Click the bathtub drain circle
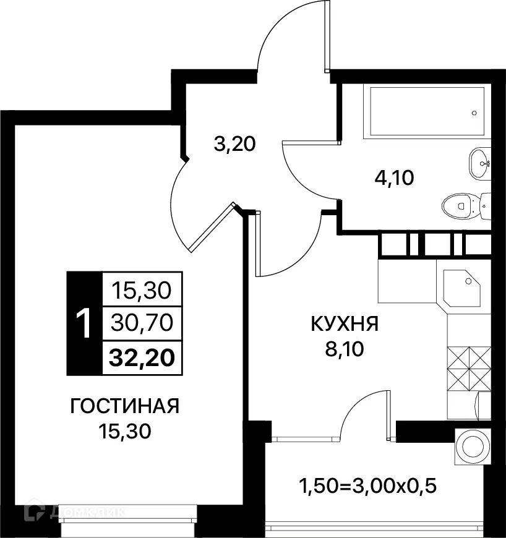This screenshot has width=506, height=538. click(x=474, y=113)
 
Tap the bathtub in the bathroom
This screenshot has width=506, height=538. click(x=427, y=112)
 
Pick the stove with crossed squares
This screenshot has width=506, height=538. click(x=468, y=367)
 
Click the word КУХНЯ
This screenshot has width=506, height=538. click(x=345, y=324)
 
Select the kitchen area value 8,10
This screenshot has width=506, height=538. click(x=345, y=349)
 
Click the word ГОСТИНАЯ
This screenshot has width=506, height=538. click(x=125, y=406)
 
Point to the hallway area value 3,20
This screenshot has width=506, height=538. click(x=234, y=145)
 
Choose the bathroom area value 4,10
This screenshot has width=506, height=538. click(x=393, y=178)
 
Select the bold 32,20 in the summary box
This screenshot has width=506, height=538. click(x=142, y=357)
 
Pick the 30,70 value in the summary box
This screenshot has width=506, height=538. click(x=142, y=322)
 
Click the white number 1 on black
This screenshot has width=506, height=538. click(x=84, y=323)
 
